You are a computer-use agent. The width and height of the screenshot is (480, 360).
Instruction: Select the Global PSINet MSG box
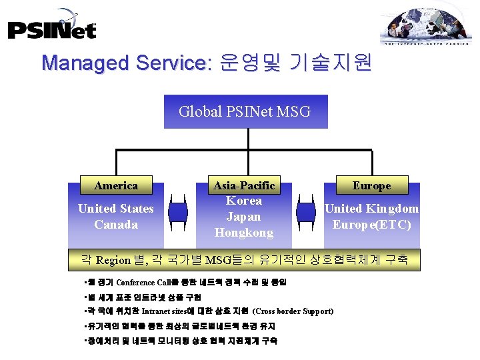pyautogui.click(x=245, y=111)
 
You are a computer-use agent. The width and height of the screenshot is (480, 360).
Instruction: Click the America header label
pyautogui.click(x=116, y=185)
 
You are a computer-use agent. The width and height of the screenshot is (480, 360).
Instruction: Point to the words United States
pyautogui.click(x=116, y=209)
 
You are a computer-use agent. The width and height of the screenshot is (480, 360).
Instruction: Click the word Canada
pyautogui.click(x=116, y=225)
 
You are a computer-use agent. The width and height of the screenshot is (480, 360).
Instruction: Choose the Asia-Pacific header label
pyautogui.click(x=244, y=185)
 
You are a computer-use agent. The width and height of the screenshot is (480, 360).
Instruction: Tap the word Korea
pyautogui.click(x=244, y=201)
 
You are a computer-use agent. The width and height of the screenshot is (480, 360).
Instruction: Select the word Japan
pyautogui.click(x=244, y=217)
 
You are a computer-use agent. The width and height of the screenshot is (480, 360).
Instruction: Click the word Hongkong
pyautogui.click(x=244, y=233)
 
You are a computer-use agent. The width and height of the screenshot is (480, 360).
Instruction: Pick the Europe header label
pyautogui.click(x=372, y=185)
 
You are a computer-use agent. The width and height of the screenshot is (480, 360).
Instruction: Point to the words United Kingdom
pyautogui.click(x=372, y=209)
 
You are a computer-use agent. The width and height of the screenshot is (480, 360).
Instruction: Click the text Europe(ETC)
pyautogui.click(x=372, y=225)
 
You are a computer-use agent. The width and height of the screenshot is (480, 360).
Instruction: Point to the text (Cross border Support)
pyautogui.click(x=293, y=311)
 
